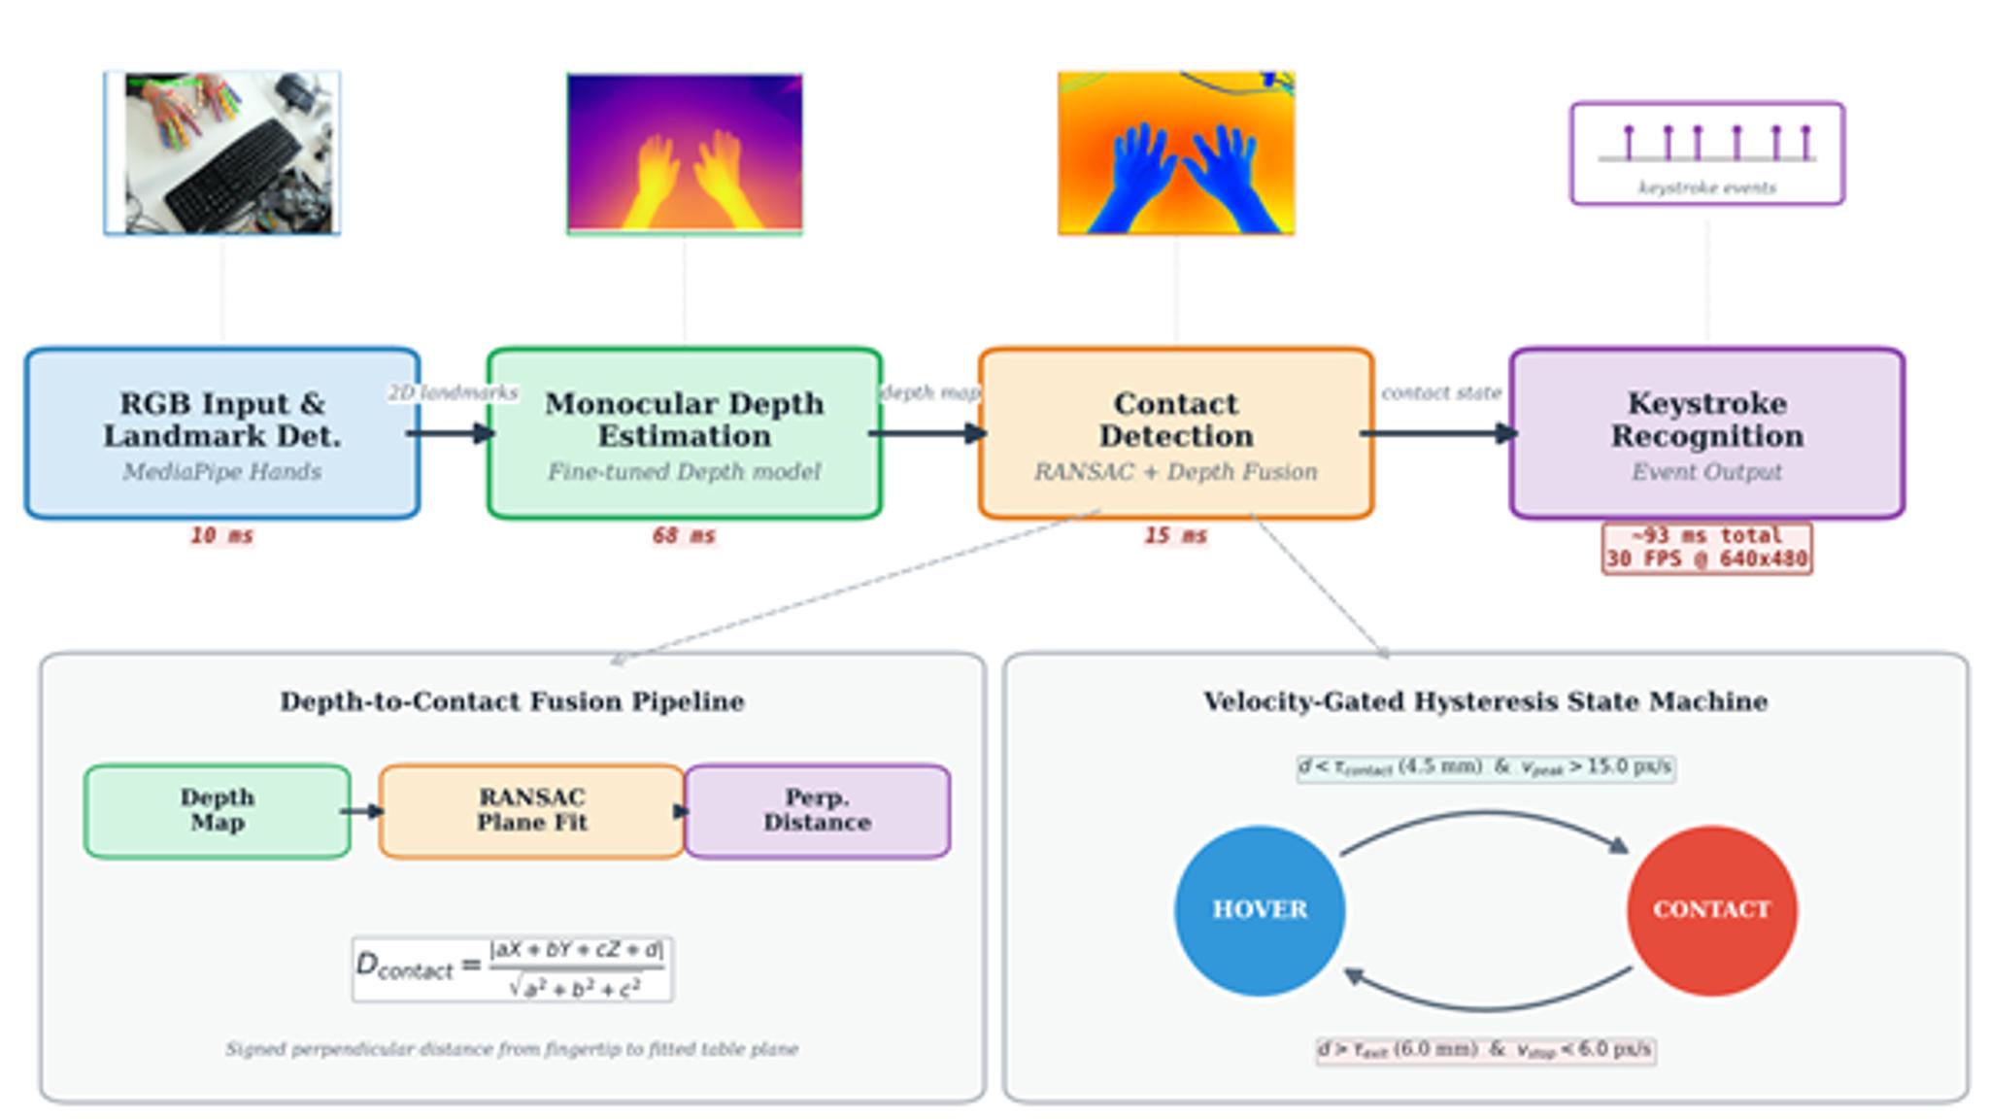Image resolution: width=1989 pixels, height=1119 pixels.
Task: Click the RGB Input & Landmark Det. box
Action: (x=222, y=433)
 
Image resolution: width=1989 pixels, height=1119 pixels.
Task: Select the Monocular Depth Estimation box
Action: (x=685, y=433)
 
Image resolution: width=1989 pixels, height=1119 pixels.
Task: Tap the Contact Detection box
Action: (x=1176, y=433)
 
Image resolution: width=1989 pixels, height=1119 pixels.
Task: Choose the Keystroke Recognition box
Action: (x=1707, y=433)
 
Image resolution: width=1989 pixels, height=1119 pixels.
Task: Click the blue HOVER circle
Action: (x=1260, y=910)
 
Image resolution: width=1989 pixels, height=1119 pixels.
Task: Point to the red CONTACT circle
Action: (x=1712, y=910)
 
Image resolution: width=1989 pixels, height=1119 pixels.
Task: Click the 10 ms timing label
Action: (x=221, y=536)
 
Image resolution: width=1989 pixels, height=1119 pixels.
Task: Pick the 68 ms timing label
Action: (x=685, y=536)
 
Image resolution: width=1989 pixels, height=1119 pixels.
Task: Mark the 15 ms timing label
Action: (x=1176, y=536)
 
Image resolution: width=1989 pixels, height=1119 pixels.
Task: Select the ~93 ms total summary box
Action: (x=1707, y=549)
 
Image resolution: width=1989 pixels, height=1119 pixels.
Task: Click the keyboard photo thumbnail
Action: (x=222, y=153)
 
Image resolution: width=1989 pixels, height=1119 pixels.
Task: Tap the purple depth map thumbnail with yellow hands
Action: (x=685, y=153)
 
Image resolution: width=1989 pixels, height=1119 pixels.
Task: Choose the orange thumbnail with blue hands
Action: (x=1176, y=153)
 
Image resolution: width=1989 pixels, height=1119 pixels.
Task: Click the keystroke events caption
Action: (x=1707, y=188)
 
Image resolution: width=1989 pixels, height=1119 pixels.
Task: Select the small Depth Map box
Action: (x=218, y=811)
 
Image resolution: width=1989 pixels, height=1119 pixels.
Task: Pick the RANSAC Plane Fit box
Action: (x=531, y=811)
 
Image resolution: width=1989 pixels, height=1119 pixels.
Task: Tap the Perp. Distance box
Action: (x=818, y=811)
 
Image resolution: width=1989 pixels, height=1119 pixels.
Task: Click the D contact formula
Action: (x=512, y=968)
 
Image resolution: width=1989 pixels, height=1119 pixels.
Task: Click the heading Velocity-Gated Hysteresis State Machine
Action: (x=1486, y=702)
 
